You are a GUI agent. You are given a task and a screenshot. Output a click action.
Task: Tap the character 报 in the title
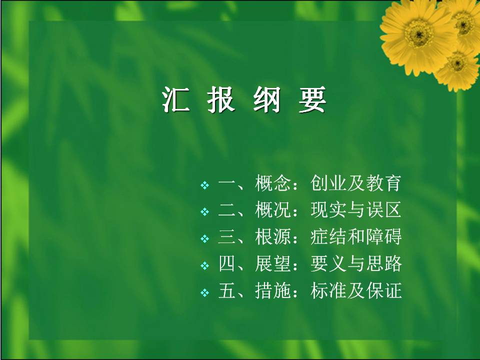(x=221, y=99)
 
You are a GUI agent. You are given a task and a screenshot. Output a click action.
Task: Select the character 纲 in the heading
(x=266, y=99)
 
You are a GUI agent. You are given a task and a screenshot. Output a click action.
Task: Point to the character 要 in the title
(x=312, y=99)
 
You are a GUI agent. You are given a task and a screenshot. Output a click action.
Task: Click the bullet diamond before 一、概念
(x=205, y=185)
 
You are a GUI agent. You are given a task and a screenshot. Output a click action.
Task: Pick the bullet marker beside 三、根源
(x=205, y=238)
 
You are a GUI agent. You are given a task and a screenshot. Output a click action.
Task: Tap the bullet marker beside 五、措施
(x=205, y=292)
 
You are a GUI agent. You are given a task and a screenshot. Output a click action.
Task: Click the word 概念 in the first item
(x=273, y=183)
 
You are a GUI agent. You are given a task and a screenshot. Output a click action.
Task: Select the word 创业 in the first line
(x=328, y=183)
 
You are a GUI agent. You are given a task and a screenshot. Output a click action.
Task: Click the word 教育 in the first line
(x=384, y=183)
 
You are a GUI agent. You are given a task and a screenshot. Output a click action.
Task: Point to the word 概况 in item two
(x=273, y=210)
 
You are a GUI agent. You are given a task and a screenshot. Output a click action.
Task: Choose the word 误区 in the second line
(x=384, y=210)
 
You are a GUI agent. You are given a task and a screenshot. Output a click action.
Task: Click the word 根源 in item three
(x=273, y=237)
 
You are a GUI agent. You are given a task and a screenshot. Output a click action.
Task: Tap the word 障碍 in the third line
(x=384, y=237)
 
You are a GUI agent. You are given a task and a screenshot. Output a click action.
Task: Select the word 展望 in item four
(x=273, y=263)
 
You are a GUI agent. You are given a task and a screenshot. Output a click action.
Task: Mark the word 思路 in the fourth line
(x=384, y=263)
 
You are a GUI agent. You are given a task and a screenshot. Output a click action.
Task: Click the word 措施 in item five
(x=273, y=290)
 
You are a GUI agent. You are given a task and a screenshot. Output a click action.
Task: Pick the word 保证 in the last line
(x=384, y=290)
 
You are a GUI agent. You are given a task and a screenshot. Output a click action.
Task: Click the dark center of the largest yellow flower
(x=418, y=33)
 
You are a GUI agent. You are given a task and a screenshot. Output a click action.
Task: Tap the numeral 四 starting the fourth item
(x=227, y=263)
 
